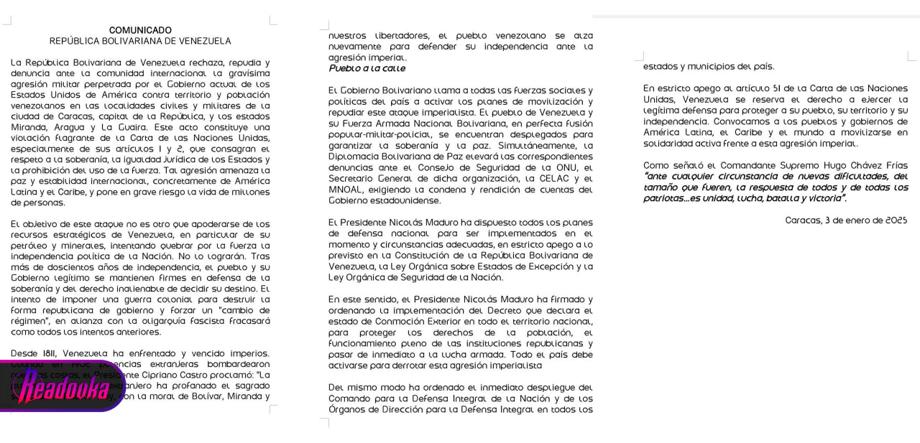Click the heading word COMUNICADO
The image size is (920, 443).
tap(140, 30)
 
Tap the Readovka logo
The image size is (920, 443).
tap(63, 388)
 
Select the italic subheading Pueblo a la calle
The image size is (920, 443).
tap(367, 68)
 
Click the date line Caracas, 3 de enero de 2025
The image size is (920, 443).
tap(846, 220)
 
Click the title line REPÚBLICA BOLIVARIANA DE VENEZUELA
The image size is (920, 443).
tap(140, 41)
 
